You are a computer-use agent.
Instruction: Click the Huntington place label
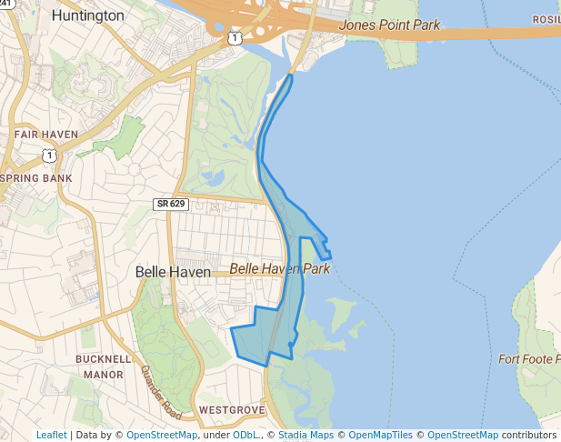click(87, 15)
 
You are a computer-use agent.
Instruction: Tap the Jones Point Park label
click(389, 25)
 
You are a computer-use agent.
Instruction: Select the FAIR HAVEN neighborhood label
click(45, 135)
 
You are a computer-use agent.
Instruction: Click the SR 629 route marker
click(170, 204)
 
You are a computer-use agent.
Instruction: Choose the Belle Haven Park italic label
click(279, 269)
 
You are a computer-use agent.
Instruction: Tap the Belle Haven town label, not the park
click(173, 272)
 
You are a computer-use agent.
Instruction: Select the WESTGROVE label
click(231, 410)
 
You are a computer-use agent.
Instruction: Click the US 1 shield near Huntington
click(235, 38)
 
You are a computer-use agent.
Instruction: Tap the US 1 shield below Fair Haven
click(49, 156)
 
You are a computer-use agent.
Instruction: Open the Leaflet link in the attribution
click(52, 435)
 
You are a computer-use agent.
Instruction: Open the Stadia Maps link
click(304, 435)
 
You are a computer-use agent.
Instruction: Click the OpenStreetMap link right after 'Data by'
click(162, 435)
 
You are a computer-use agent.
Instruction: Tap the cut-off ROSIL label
click(546, 20)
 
